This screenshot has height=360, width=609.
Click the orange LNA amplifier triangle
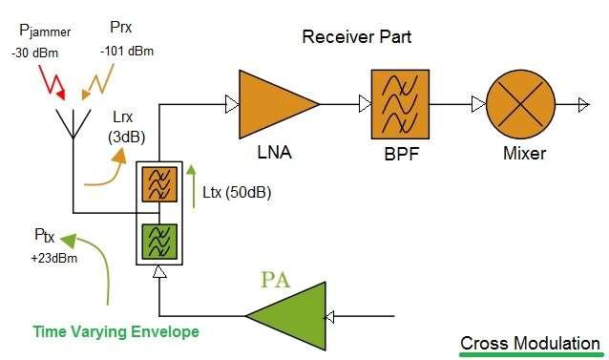click(x=273, y=102)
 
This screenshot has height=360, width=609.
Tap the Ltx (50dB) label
click(x=237, y=192)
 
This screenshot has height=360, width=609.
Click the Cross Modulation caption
click(x=530, y=343)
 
